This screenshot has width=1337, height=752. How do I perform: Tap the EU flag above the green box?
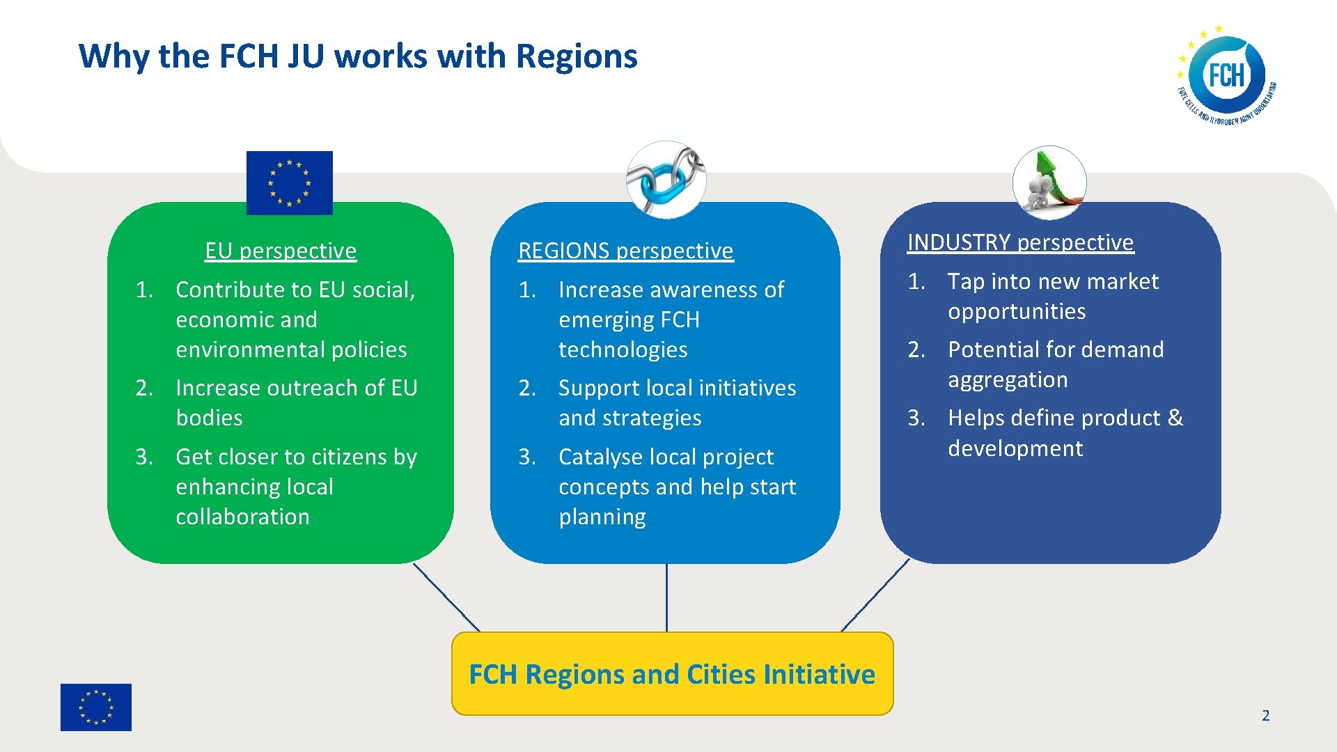[x=290, y=182]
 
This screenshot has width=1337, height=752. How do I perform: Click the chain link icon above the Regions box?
[x=666, y=180]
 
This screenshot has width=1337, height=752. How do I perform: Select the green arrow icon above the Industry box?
[x=1049, y=182]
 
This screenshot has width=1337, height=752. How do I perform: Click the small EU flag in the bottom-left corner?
[x=96, y=707]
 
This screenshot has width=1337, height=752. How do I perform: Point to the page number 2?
[x=1265, y=715]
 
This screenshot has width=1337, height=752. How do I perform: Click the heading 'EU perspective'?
[x=281, y=251]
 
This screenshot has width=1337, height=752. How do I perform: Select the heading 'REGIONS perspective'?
[x=625, y=251]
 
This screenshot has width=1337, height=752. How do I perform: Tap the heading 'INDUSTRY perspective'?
[x=1020, y=242]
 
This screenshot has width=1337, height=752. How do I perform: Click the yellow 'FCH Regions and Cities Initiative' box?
[x=672, y=674]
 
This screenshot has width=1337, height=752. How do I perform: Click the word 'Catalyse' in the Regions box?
[x=599, y=457]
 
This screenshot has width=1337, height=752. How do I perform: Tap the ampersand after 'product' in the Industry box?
[x=1175, y=418]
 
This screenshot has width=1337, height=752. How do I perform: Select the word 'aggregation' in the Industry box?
[x=1008, y=379]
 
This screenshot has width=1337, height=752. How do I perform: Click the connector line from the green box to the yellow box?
[x=446, y=597]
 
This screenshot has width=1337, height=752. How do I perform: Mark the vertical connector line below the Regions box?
[x=666, y=597]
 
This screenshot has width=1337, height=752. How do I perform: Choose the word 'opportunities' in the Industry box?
[x=1017, y=311]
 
